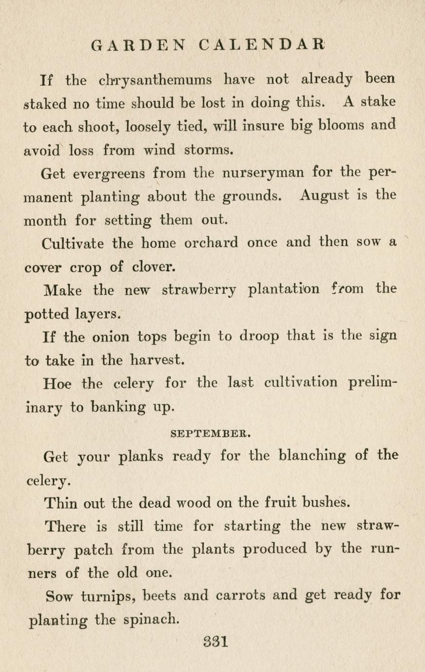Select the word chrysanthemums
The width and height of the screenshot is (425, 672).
click(x=155, y=80)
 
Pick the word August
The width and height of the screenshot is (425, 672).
click(x=325, y=196)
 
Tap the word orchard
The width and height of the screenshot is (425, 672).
click(x=211, y=243)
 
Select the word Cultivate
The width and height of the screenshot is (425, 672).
click(x=73, y=243)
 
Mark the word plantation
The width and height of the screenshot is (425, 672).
click(x=284, y=289)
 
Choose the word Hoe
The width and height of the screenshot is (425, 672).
click(x=57, y=383)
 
